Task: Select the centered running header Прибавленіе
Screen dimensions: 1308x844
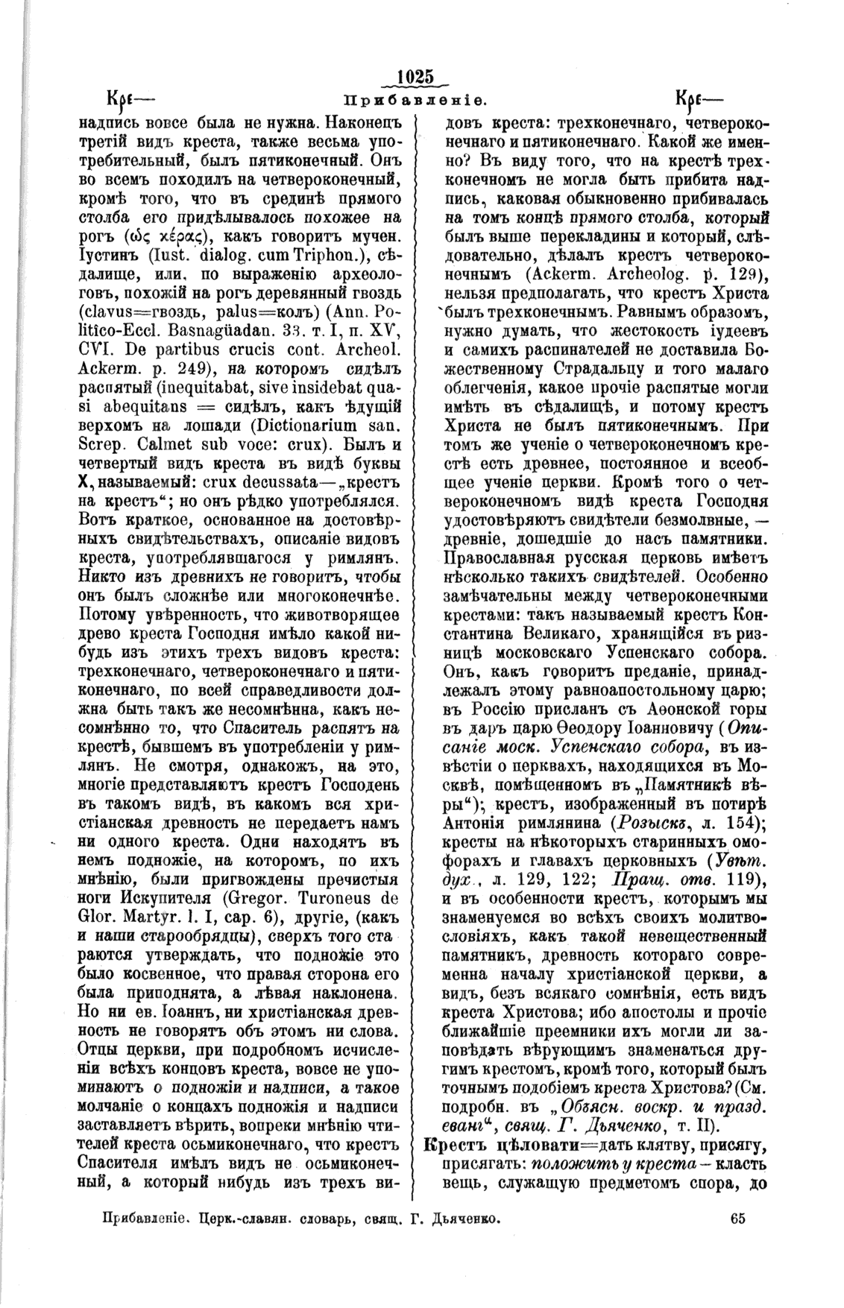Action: (x=415, y=99)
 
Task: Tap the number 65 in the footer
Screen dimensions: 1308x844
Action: (x=738, y=1219)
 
